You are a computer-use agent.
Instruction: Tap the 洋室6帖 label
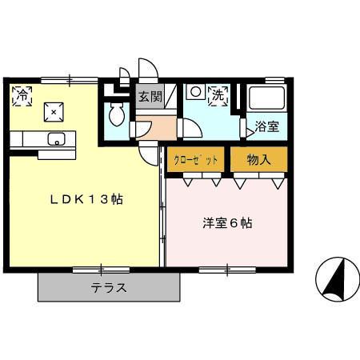[226, 223]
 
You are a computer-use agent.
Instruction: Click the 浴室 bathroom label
[267, 126]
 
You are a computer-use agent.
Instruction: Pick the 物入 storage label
[259, 160]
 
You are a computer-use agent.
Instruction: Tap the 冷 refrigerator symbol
[22, 96]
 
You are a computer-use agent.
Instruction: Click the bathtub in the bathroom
[267, 100]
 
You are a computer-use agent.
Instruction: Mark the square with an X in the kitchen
[54, 113]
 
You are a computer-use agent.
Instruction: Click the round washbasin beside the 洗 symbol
[194, 93]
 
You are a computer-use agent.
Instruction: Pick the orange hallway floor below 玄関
[154, 126]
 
